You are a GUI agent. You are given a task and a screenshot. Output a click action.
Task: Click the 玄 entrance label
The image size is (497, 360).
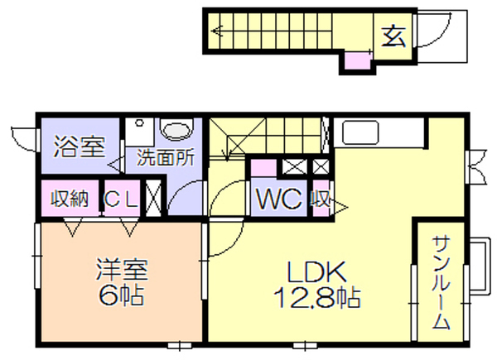(393, 36)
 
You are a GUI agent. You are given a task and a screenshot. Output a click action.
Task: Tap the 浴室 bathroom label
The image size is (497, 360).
(79, 147)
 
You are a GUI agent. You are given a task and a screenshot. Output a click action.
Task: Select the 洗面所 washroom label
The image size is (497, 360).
(165, 157)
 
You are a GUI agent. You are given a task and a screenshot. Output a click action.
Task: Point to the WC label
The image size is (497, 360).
(279, 199)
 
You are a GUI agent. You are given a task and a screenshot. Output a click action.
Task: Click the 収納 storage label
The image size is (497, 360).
(70, 199)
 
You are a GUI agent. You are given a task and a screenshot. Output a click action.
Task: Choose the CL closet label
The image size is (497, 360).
(122, 199)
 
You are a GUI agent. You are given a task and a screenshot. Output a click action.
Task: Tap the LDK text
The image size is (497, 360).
(316, 272)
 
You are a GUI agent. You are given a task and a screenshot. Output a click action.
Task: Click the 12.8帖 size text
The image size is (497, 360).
(316, 298)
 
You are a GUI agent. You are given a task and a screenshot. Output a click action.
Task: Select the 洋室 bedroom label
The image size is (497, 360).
(122, 270)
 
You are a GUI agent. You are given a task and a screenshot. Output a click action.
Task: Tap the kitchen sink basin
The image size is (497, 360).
(360, 132)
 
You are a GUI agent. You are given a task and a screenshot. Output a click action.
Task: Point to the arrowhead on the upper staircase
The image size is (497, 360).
(217, 31)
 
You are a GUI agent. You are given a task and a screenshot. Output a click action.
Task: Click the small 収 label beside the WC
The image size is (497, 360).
(321, 199)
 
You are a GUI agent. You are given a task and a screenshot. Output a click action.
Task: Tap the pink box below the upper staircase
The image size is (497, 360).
(358, 60)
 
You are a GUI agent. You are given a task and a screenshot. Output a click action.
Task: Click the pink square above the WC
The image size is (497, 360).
(263, 168)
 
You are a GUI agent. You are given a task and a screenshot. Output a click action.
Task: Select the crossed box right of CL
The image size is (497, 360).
(153, 199)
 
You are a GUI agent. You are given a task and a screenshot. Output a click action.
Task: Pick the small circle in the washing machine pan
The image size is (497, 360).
(139, 122)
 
